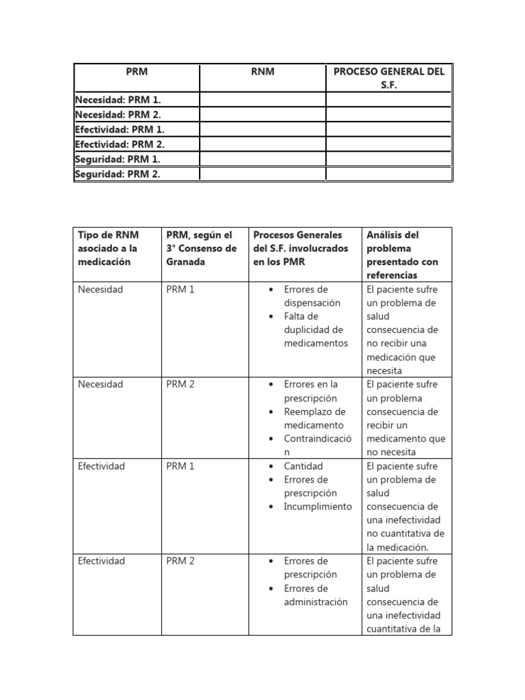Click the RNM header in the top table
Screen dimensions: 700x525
pyautogui.click(x=262, y=71)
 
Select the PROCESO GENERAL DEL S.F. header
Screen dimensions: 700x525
pyautogui.click(x=388, y=77)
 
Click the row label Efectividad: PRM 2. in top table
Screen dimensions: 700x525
pyautogui.click(x=120, y=144)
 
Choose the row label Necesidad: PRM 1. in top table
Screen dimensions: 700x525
pyautogui.click(x=118, y=100)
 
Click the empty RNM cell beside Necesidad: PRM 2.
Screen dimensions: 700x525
pyautogui.click(x=262, y=114)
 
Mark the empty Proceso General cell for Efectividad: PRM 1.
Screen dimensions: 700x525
pyautogui.click(x=388, y=129)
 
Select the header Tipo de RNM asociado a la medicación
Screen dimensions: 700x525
pyautogui.click(x=107, y=248)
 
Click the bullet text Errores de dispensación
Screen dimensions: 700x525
pyautogui.click(x=312, y=296)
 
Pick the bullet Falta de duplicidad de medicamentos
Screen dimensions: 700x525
pyautogui.click(x=315, y=329)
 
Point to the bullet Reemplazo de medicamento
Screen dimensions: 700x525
pyautogui.click(x=314, y=418)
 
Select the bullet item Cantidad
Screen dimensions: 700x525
pyautogui.click(x=304, y=466)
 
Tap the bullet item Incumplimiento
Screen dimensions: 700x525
pyautogui.click(x=318, y=507)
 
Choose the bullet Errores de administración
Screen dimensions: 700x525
pyautogui.click(x=315, y=595)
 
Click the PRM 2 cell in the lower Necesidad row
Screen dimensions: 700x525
pyautogui.click(x=180, y=384)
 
